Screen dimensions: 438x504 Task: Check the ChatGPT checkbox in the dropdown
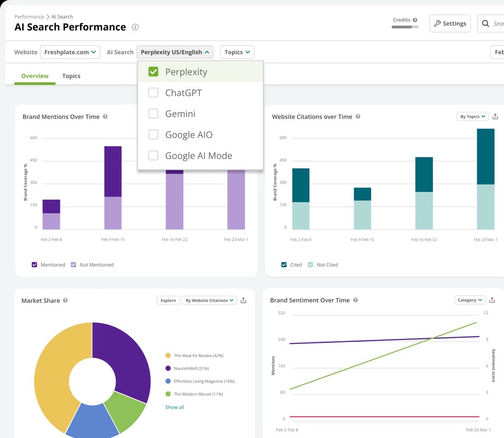pyautogui.click(x=153, y=93)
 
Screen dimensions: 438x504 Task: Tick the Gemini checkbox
pyautogui.click(x=153, y=114)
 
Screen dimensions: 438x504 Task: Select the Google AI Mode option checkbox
pyautogui.click(x=153, y=156)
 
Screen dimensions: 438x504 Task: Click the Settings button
pyautogui.click(x=450, y=23)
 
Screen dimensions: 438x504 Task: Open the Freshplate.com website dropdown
pyautogui.click(x=70, y=52)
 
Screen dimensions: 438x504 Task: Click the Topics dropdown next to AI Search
pyautogui.click(x=237, y=52)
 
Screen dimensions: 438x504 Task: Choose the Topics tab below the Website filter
pyautogui.click(x=71, y=76)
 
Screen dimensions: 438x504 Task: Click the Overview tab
pyautogui.click(x=35, y=76)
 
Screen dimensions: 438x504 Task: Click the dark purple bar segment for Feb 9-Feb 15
pyautogui.click(x=113, y=171)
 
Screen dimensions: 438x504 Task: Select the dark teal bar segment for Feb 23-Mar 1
pyautogui.click(x=485, y=156)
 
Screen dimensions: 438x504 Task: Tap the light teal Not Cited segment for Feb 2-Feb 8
pyautogui.click(x=301, y=216)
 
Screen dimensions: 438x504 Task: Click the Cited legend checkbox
pyautogui.click(x=284, y=265)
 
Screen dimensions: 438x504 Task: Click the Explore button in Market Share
pyautogui.click(x=168, y=300)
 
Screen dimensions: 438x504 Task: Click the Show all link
pyautogui.click(x=175, y=407)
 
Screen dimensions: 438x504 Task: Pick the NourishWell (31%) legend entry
pyautogui.click(x=191, y=368)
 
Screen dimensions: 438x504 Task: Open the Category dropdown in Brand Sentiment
pyautogui.click(x=470, y=300)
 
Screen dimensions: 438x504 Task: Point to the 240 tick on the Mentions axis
pyautogui.click(x=281, y=339)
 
